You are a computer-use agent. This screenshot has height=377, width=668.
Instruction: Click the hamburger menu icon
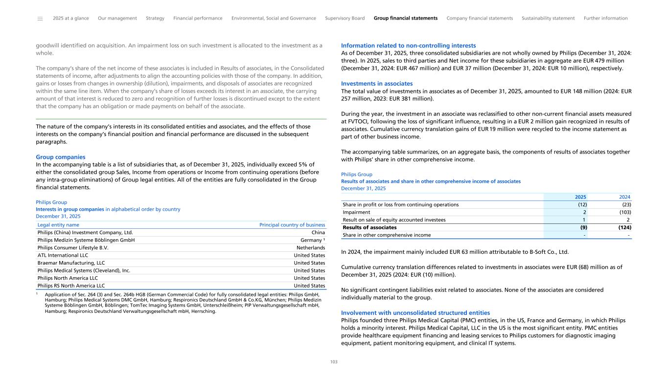pos(40,19)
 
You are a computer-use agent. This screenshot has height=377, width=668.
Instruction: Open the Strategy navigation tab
pos(155,18)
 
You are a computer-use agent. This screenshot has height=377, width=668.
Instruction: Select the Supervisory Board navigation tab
pos(345,18)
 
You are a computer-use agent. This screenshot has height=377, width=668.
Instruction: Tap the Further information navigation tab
pos(605,18)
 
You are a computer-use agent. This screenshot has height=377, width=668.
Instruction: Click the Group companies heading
pos(61,157)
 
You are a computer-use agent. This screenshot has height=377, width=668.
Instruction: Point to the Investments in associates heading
pos(377,84)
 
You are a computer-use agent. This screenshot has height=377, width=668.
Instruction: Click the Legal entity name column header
pos(58,225)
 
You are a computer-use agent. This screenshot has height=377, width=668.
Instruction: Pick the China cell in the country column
pos(318,233)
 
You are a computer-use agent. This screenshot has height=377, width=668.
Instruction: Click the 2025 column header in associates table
pos(580,197)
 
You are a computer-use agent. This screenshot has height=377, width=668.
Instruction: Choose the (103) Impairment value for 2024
pos(624,212)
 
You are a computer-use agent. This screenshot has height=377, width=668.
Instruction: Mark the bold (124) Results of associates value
pos(623,227)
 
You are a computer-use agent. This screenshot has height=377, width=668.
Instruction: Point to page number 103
pos(334,362)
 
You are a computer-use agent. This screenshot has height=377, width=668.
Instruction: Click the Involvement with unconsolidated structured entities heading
pos(415,313)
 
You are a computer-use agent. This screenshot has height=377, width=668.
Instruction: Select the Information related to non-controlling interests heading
pos(408,45)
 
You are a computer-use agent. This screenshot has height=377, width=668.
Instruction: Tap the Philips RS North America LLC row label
pos(71,286)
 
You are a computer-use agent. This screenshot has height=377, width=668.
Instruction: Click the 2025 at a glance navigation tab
pos(71,18)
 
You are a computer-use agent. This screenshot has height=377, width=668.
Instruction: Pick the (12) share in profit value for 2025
pos(582,204)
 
